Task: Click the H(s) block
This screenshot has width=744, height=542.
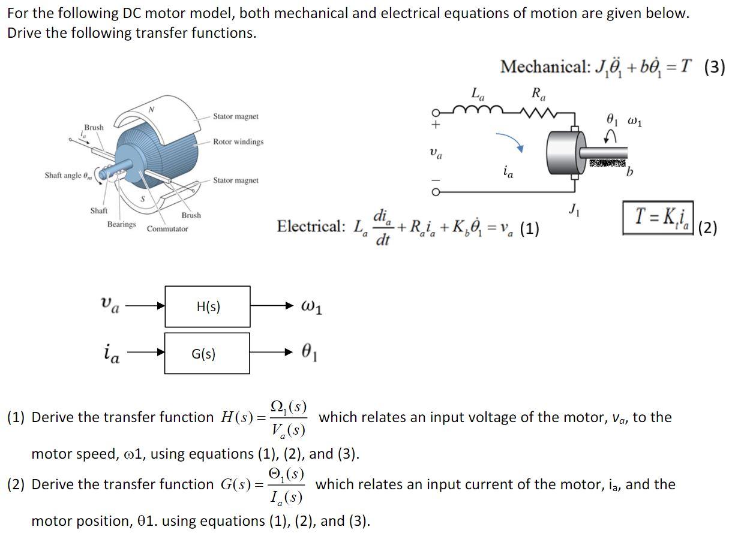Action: tap(208, 306)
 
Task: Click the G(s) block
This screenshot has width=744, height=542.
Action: tap(208, 354)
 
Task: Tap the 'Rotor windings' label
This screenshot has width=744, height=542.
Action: tap(238, 142)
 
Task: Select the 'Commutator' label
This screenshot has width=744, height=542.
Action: tap(167, 229)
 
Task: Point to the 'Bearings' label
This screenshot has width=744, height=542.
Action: tap(121, 224)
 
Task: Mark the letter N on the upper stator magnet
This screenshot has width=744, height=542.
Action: tap(152, 110)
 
